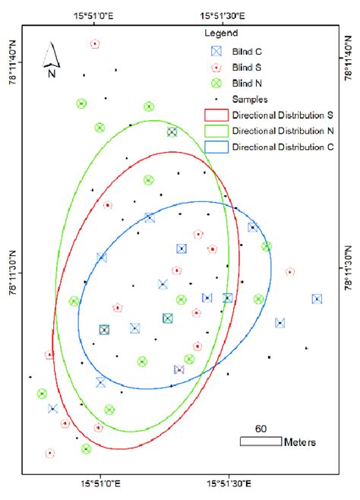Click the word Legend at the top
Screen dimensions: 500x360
click(222, 33)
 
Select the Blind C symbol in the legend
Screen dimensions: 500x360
click(216, 51)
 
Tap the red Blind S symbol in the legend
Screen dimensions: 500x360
click(216, 67)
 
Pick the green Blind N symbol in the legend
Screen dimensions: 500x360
click(216, 83)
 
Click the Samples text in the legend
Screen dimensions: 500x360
click(250, 99)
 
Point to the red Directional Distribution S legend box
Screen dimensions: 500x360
click(216, 116)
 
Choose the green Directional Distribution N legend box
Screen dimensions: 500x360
click(216, 131)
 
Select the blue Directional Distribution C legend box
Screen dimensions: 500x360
click(216, 147)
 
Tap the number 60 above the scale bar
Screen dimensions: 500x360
click(261, 429)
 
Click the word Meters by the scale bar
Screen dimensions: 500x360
click(299, 441)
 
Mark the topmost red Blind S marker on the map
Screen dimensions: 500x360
click(94, 44)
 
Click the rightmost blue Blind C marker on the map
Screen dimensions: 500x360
click(317, 299)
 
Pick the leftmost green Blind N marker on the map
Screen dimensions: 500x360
click(42, 394)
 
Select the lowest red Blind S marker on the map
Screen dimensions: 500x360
click(50, 453)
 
